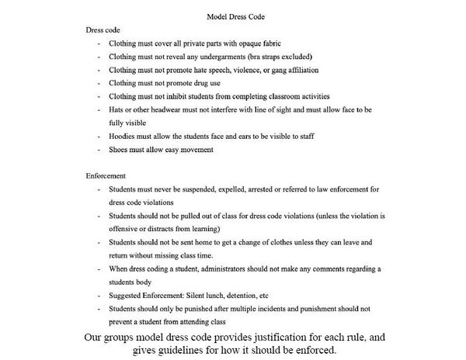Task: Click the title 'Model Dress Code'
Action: (x=233, y=17)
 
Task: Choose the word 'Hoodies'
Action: (x=123, y=136)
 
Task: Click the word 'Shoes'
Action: (x=120, y=149)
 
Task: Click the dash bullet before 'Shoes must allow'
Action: (x=99, y=149)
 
